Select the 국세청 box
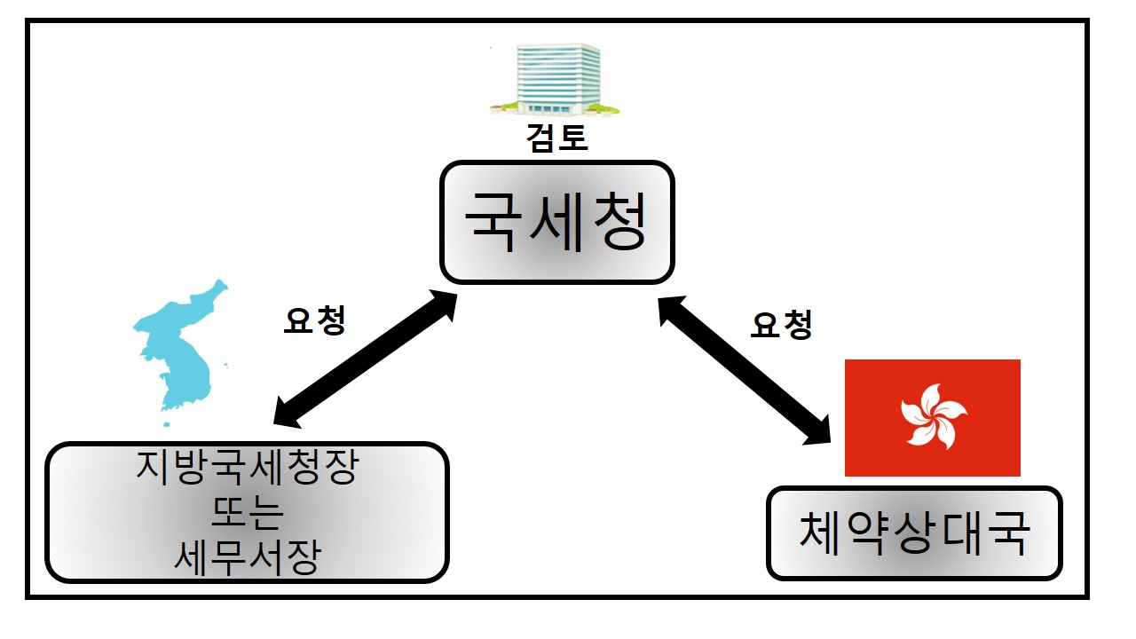pos(557,222)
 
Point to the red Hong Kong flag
pos(932,417)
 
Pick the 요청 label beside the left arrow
pos(313,321)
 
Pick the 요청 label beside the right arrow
pos(781,327)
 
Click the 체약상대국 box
pos(914,532)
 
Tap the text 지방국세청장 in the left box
pos(247,469)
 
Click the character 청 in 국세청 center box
pos(618,222)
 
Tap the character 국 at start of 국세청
pos(495,222)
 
